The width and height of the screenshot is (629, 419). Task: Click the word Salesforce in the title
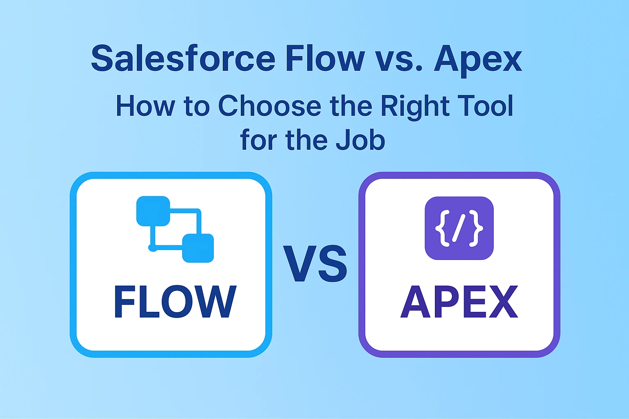click(x=183, y=59)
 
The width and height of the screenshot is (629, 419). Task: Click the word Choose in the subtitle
click(x=269, y=106)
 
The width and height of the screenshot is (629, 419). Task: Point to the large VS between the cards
click(x=315, y=264)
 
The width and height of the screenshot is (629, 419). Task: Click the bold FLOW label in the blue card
click(x=175, y=302)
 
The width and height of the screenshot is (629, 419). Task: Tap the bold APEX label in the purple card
click(x=459, y=302)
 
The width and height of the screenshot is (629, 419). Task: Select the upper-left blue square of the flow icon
click(x=153, y=211)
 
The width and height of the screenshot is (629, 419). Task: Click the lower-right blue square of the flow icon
click(x=198, y=248)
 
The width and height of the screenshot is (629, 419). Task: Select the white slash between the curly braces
click(x=459, y=228)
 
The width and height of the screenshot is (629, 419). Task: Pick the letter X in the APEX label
click(x=502, y=302)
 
